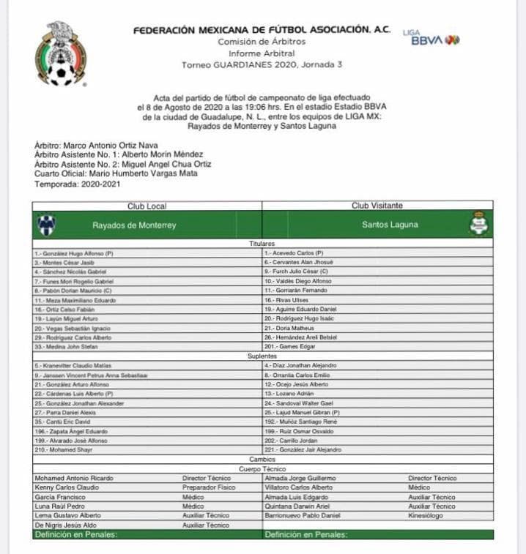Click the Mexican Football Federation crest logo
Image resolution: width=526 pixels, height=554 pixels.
[60, 53]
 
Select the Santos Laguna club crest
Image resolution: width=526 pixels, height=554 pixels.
[480, 225]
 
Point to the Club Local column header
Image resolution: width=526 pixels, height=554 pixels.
[147, 206]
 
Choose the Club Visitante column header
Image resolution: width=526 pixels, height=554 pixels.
[377, 206]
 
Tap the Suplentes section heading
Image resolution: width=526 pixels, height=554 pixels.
[262, 356]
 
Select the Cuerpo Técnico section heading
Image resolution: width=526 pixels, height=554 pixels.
[262, 468]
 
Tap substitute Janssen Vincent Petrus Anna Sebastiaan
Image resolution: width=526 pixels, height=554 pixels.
[91, 375]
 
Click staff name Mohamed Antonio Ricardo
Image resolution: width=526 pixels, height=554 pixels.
[74, 478]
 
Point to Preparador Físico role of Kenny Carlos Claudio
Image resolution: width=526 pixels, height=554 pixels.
[209, 487]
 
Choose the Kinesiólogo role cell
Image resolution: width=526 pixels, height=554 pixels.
[427, 515]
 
